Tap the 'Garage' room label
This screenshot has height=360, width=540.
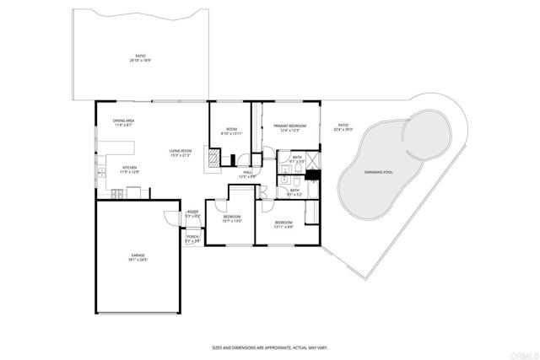point(138,256)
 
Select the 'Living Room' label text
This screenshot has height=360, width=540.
point(181,153)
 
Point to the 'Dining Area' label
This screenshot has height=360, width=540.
point(125,122)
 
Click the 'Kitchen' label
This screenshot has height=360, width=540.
point(130,169)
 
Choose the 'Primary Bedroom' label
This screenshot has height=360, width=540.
point(289,128)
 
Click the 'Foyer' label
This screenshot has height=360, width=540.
point(192,213)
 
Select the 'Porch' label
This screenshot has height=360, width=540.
point(192,239)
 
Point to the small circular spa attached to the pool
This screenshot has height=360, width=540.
point(421,128)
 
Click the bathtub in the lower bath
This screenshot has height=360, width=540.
point(310,191)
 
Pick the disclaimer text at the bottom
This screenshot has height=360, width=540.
point(269,347)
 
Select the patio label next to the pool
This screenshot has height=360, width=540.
point(343,128)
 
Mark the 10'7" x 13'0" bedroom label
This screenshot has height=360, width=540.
point(232,219)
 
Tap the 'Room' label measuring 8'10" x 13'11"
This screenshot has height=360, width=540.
point(230,132)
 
